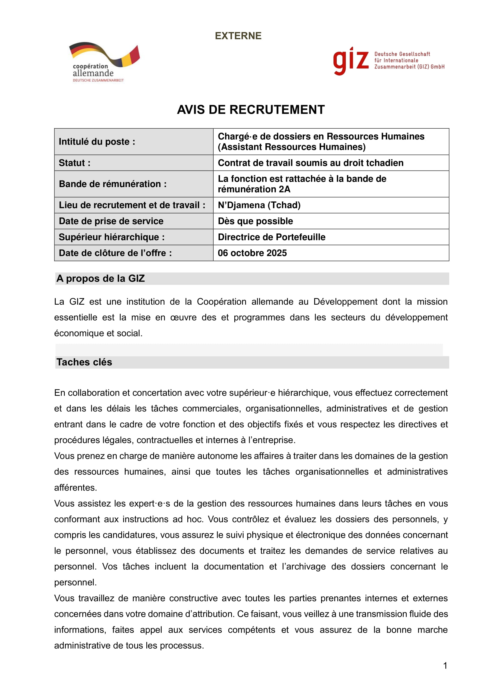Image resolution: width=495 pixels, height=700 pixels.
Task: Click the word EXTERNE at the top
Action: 238,36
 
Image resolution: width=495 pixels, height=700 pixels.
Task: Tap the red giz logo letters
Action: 350,61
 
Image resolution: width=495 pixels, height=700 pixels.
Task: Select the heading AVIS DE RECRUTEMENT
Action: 250,110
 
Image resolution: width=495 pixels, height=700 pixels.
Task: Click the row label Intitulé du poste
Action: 97,142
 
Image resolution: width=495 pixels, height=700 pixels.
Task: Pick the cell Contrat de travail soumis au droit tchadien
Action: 310,163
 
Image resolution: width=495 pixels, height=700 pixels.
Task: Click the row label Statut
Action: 75,163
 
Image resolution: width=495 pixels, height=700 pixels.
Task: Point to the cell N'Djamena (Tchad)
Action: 259,205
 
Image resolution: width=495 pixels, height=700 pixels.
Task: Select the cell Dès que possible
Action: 255,221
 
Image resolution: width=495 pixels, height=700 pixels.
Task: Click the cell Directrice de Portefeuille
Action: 271,237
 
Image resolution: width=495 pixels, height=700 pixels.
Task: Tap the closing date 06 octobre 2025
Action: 252,253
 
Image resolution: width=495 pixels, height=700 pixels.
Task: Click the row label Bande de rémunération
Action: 113,184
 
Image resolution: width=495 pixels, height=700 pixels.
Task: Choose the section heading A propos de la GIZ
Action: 101,279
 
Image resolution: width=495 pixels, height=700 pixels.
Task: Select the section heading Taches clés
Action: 84,362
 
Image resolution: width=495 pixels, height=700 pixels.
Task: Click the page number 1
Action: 445,666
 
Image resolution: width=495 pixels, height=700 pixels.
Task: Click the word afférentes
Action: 76,488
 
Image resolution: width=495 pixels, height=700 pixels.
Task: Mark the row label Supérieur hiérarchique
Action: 112,237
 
